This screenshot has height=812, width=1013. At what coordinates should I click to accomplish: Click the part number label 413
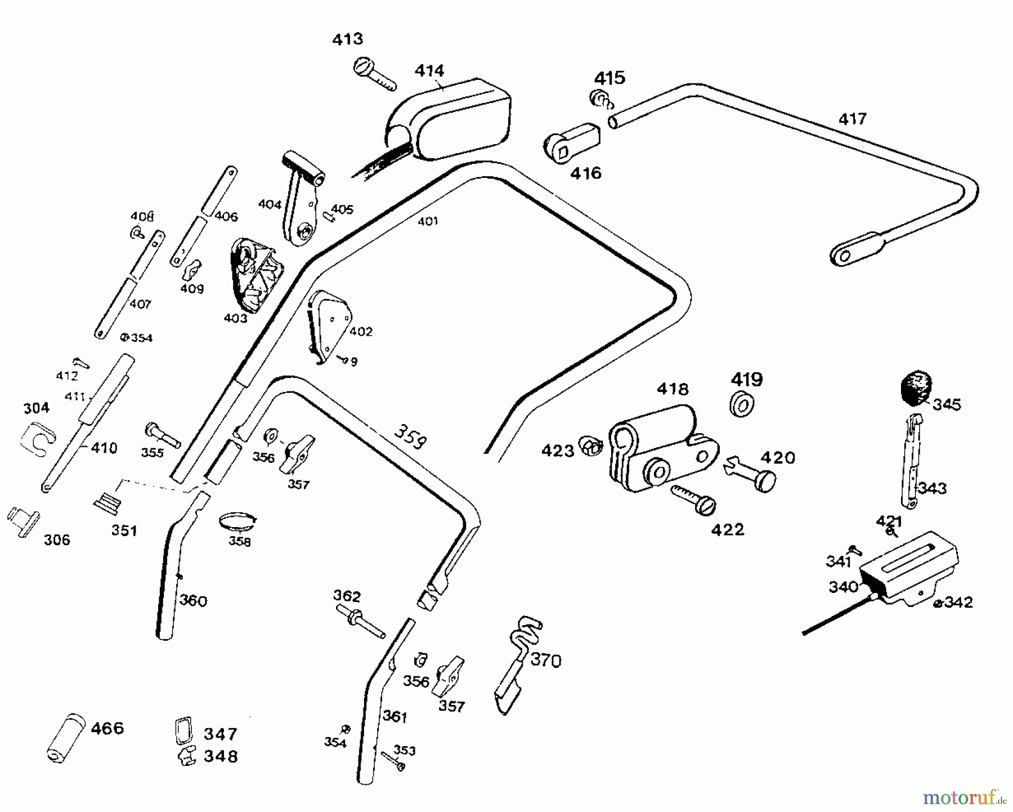click(x=347, y=39)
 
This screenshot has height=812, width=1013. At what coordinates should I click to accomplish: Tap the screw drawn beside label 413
click(x=374, y=75)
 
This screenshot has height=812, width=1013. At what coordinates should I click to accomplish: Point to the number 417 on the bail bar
click(x=852, y=119)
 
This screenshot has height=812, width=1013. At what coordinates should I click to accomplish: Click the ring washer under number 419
click(x=742, y=404)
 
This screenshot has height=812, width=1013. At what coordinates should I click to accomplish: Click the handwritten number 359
click(x=409, y=436)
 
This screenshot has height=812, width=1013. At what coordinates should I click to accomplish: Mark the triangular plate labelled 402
click(x=329, y=324)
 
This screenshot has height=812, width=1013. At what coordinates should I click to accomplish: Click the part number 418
click(x=673, y=389)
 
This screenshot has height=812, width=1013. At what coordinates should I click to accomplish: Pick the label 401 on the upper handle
click(x=428, y=221)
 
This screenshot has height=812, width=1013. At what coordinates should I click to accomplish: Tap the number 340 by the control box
click(x=843, y=587)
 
